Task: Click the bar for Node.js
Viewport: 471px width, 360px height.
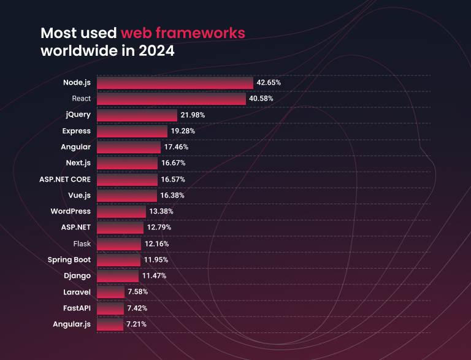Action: (x=175, y=83)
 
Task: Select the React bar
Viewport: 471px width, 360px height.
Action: (x=171, y=99)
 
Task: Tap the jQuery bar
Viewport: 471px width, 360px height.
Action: (x=137, y=115)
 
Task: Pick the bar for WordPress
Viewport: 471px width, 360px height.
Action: (x=121, y=212)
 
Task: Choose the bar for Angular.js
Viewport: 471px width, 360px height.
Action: (x=110, y=324)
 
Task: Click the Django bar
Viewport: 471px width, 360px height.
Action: (x=118, y=276)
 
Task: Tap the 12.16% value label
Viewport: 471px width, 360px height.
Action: (x=156, y=244)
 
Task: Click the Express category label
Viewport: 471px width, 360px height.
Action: (x=76, y=131)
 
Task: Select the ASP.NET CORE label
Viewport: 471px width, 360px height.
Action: (x=64, y=180)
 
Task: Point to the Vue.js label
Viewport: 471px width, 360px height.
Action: (x=77, y=196)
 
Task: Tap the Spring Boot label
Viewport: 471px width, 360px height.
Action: (x=69, y=260)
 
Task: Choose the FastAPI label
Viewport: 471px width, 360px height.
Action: (x=76, y=308)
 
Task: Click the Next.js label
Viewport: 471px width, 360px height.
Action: (x=78, y=163)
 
